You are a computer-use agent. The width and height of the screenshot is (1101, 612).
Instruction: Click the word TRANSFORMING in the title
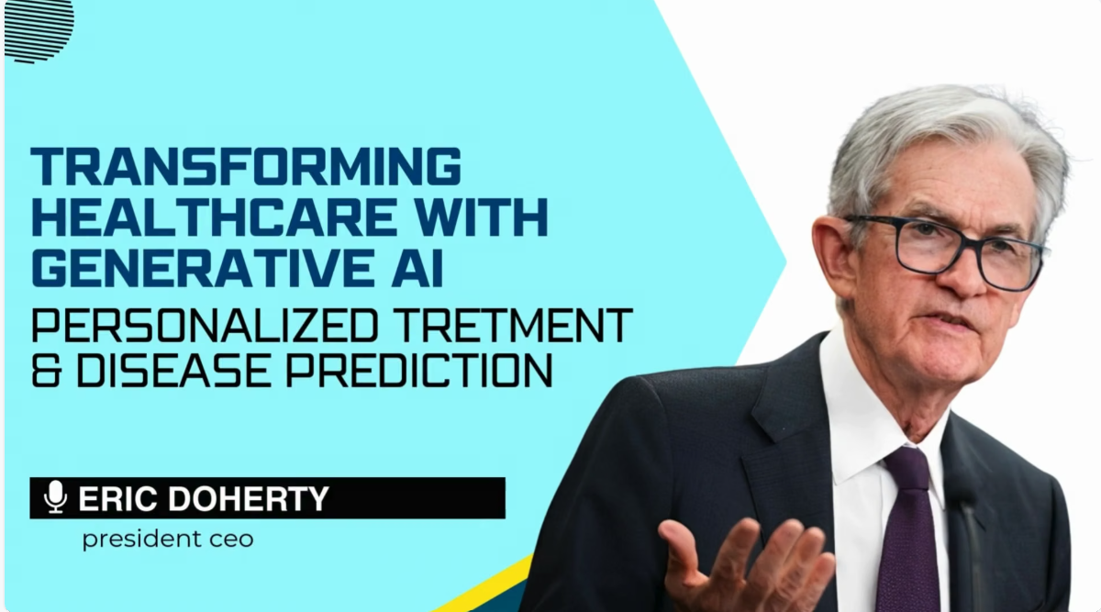(x=246, y=166)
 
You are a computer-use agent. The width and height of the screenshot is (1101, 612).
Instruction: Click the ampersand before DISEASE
(x=46, y=370)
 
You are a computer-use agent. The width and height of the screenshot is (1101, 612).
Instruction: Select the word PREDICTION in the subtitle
(x=419, y=370)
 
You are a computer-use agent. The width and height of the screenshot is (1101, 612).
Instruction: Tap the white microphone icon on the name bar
(x=56, y=497)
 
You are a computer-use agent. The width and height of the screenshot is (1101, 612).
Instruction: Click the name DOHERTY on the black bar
(x=249, y=498)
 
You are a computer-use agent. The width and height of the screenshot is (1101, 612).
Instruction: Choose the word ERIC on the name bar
(x=119, y=498)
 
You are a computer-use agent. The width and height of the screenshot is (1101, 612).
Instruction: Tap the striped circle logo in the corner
(x=39, y=30)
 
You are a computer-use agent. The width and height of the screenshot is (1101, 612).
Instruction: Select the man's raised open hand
(x=745, y=565)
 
